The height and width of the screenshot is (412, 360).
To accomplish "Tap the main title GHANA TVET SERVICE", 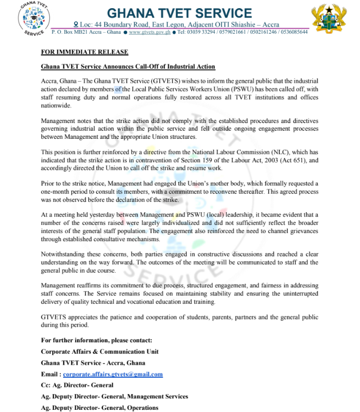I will (x=179, y=13).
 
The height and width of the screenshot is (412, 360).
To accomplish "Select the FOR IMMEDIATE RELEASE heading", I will (x=85, y=52).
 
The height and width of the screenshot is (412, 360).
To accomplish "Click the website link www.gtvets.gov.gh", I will (x=148, y=32).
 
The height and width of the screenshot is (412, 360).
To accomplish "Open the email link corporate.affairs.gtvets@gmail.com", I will (x=113, y=374).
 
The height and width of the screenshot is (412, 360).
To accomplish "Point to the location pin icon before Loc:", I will (x=76, y=24).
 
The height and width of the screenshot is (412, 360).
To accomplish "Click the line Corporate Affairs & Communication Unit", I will (x=100, y=352).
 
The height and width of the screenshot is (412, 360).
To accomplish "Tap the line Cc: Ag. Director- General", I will (x=77, y=385).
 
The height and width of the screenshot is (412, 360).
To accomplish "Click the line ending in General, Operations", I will (x=100, y=408).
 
